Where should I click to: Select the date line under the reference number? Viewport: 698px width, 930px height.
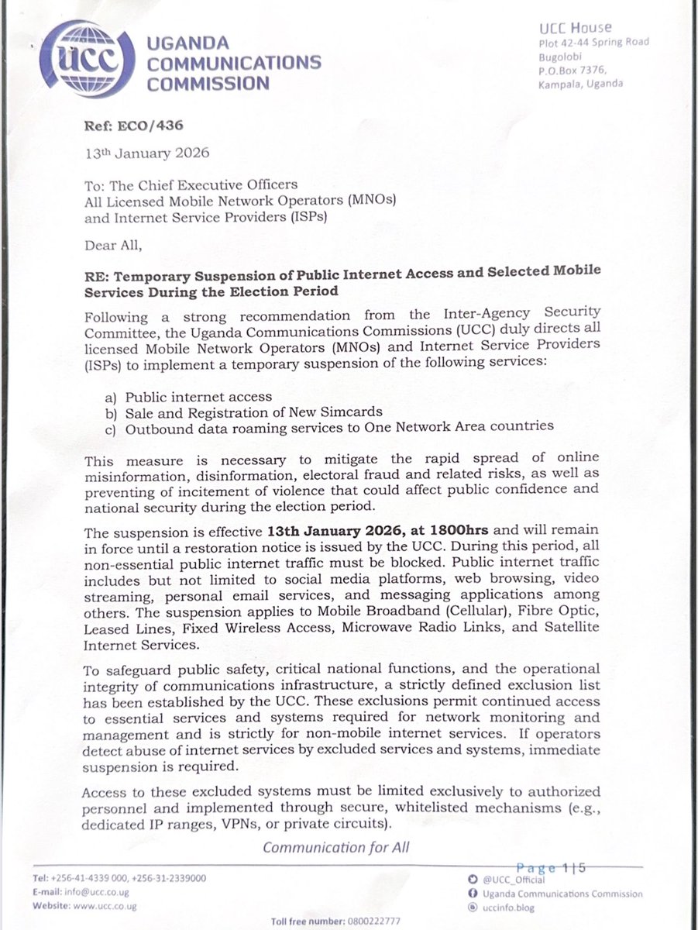coord(147,153)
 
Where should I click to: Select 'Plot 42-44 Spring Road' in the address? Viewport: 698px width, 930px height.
coord(593,43)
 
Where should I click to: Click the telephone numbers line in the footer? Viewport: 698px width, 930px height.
coord(120,878)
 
